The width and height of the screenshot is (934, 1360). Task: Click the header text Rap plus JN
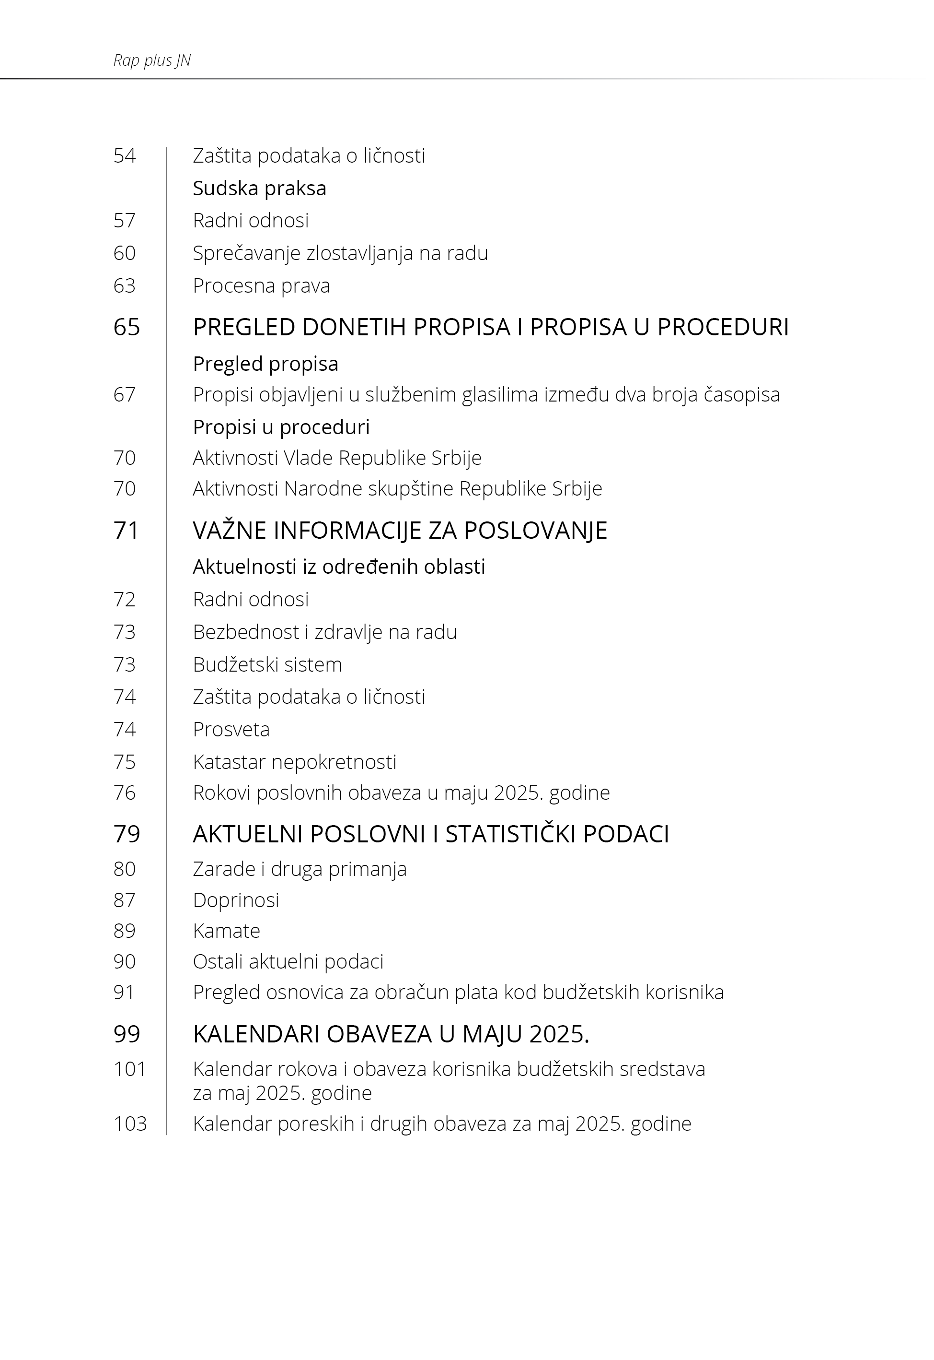(152, 60)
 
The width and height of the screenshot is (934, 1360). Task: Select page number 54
(125, 156)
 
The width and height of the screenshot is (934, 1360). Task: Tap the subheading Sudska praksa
(259, 189)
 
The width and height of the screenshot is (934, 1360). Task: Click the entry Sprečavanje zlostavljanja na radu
(340, 253)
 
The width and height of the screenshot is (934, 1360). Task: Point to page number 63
(125, 286)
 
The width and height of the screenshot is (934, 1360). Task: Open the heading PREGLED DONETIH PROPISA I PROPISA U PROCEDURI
(490, 327)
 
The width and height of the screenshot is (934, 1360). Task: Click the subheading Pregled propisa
(265, 364)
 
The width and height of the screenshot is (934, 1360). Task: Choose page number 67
(125, 395)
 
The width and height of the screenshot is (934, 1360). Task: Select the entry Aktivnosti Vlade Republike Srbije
(337, 458)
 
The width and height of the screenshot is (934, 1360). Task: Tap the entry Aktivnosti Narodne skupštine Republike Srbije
(397, 488)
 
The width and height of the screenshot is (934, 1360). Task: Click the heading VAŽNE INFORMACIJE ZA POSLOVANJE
(400, 531)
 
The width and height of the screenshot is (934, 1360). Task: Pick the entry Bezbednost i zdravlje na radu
(325, 632)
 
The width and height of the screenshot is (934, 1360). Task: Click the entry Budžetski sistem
(267, 665)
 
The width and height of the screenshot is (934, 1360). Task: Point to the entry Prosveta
(231, 730)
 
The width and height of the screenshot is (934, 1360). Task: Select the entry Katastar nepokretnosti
(294, 762)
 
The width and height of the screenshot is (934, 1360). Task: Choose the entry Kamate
(227, 931)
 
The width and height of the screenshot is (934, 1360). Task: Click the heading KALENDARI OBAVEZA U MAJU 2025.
(391, 1034)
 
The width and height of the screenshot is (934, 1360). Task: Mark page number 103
(130, 1124)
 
